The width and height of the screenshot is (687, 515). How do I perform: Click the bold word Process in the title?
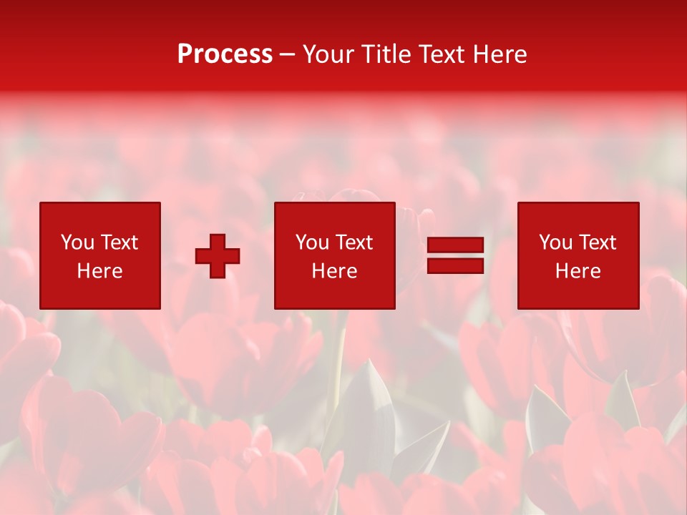(x=225, y=54)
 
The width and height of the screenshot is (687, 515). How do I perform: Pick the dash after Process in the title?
(x=288, y=55)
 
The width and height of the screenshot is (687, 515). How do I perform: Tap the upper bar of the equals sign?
(x=455, y=245)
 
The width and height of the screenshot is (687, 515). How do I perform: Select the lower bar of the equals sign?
(x=455, y=266)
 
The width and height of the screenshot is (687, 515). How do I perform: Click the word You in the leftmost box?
(x=77, y=242)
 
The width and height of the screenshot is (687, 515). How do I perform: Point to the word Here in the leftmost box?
(x=99, y=271)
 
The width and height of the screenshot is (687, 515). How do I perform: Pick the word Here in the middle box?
(x=334, y=271)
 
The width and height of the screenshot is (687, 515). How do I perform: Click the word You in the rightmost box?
(x=555, y=242)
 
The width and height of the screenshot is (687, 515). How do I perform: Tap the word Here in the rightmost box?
(x=578, y=271)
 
